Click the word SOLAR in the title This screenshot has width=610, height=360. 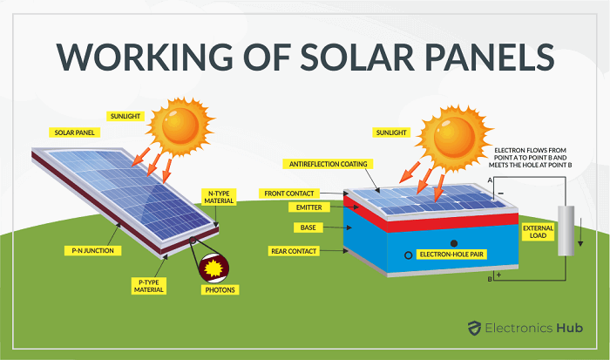(357, 57)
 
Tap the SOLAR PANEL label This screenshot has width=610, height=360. (74, 132)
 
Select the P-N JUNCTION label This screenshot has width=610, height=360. (92, 251)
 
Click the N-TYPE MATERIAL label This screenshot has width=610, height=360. (219, 197)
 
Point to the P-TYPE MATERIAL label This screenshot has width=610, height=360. (149, 286)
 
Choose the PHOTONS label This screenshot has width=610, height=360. (220, 290)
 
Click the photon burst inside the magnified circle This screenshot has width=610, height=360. (213, 268)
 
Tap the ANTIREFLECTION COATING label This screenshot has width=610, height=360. (328, 164)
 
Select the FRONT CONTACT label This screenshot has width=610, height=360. (289, 194)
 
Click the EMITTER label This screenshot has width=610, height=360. (308, 207)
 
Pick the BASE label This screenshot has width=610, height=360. (308, 228)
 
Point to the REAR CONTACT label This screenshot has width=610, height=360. (294, 251)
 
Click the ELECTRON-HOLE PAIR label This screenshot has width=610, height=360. (451, 255)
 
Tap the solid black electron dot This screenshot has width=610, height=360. (454, 243)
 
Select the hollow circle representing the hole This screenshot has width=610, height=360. (408, 255)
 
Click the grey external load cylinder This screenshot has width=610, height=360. (566, 231)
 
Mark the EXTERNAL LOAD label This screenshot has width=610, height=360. (538, 232)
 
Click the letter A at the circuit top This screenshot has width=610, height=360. (490, 180)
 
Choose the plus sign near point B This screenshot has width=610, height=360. (498, 275)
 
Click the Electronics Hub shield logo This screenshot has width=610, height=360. (474, 328)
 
